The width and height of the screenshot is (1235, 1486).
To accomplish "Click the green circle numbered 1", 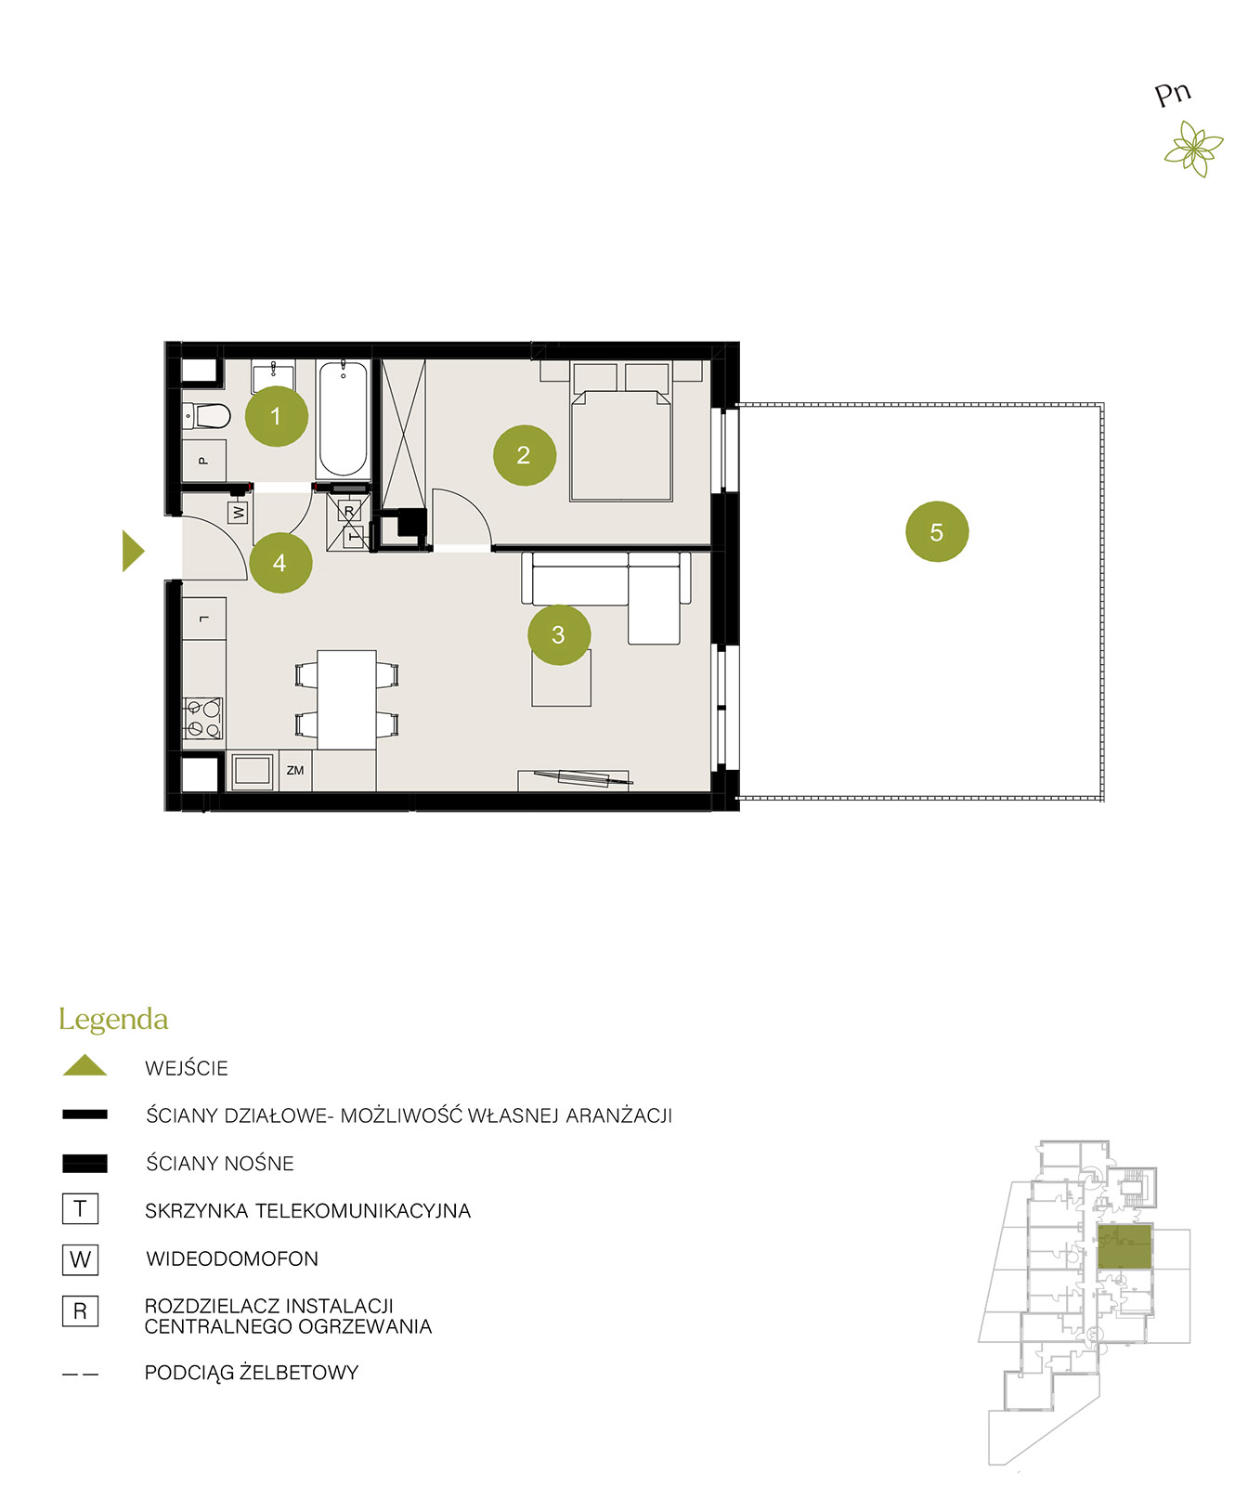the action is (276, 416).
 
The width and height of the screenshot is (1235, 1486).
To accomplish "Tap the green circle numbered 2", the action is (524, 455).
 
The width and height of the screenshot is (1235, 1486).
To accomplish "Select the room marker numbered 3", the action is (558, 634).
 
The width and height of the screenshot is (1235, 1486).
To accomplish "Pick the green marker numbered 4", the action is (279, 563).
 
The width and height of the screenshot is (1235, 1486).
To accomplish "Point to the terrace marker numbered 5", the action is (937, 532).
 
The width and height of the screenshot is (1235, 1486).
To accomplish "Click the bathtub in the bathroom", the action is (343, 419).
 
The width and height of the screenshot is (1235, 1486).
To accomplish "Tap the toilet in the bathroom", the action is (206, 415).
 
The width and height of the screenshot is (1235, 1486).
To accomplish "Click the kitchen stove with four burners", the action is (203, 718).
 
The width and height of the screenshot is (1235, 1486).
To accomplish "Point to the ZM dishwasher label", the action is (295, 771).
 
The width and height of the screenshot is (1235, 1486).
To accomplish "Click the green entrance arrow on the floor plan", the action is (134, 551).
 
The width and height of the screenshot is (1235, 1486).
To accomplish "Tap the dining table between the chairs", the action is (346, 699).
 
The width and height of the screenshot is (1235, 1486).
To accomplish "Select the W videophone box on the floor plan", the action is (239, 512).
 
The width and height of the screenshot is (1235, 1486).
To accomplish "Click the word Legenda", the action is (113, 1020).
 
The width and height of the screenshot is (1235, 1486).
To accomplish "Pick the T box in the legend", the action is (80, 1208).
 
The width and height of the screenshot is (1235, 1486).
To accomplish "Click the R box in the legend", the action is (80, 1310).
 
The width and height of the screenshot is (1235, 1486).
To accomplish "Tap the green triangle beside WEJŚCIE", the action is (84, 1065).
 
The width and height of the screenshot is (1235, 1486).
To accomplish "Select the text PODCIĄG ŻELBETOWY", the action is (252, 1373).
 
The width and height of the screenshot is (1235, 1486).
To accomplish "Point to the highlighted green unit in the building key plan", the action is (1124, 1246).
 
